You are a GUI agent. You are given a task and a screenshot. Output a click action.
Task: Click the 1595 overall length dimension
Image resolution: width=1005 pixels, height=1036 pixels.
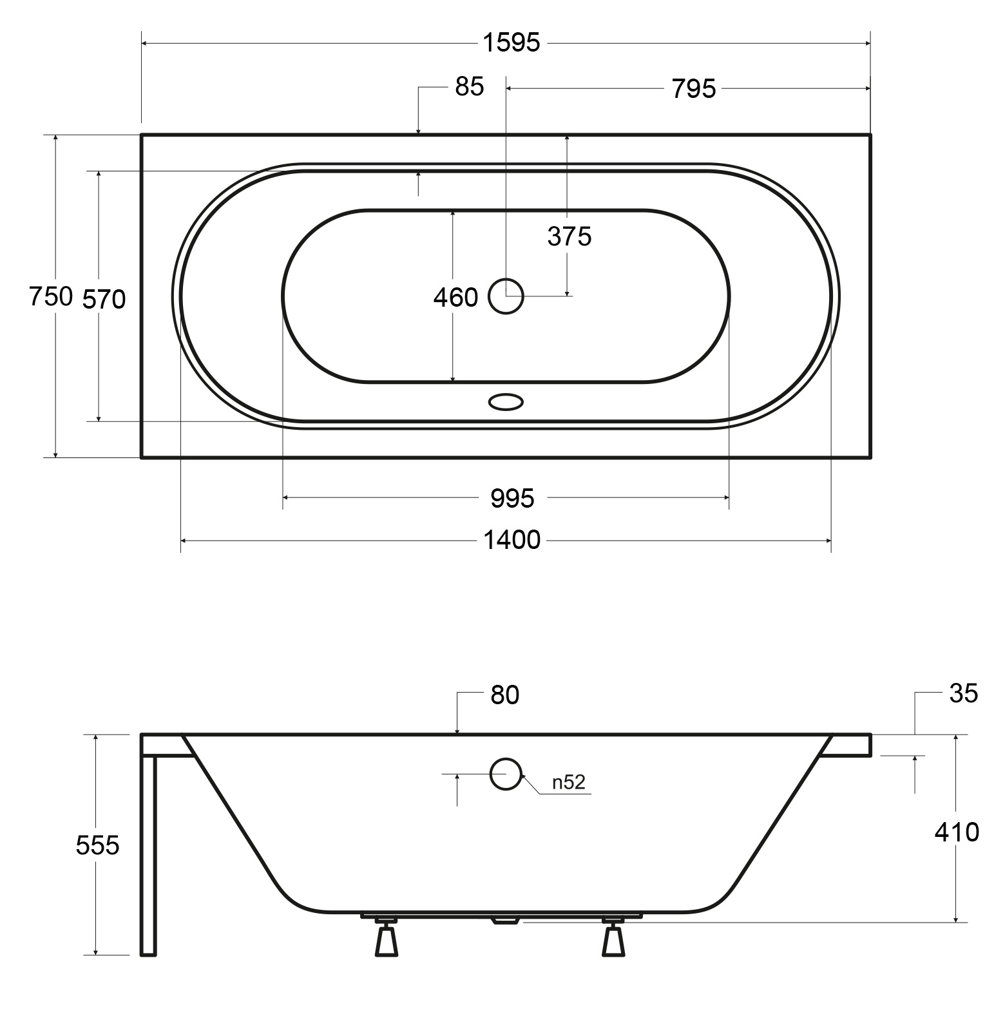click(512, 43)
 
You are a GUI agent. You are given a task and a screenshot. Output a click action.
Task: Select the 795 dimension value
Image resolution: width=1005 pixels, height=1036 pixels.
click(694, 89)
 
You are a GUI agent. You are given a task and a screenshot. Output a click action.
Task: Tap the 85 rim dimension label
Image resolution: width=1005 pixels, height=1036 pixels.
click(469, 86)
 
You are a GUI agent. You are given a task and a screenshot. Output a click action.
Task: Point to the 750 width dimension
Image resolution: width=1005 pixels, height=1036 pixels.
click(51, 296)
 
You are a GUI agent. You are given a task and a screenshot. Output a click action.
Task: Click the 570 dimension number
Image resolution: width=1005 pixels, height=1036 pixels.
click(104, 299)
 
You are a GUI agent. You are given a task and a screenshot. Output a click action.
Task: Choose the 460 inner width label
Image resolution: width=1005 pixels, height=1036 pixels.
click(455, 298)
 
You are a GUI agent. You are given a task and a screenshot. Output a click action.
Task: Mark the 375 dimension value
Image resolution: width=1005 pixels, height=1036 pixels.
click(569, 237)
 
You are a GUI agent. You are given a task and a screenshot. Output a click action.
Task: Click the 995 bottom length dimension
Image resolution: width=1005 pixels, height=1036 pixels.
click(512, 498)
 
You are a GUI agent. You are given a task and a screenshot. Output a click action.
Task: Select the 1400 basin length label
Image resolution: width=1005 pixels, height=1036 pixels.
click(512, 540)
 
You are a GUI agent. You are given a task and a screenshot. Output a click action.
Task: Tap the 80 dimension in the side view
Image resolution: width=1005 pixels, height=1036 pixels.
click(504, 695)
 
